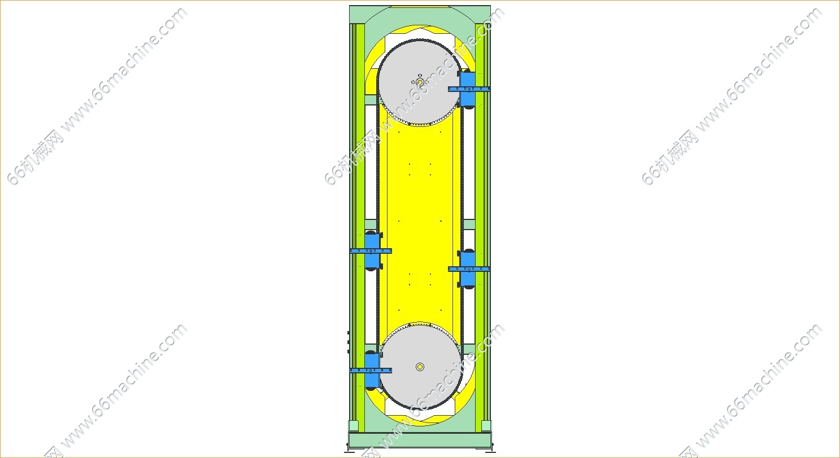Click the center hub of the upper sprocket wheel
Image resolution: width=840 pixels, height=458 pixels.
pos(420,82)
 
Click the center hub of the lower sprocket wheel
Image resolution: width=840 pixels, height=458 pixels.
pos(420,367)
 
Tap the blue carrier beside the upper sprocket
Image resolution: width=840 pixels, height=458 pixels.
pos(467,89)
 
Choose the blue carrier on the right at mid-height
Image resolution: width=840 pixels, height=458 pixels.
pos(467,268)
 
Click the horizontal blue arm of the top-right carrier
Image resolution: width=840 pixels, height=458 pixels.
pos(469,89)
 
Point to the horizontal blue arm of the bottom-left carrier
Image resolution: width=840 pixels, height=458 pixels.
pos(371,371)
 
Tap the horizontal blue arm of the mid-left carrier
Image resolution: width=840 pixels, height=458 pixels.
pos(371,251)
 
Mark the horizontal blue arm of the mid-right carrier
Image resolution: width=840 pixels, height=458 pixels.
pos(469,268)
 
